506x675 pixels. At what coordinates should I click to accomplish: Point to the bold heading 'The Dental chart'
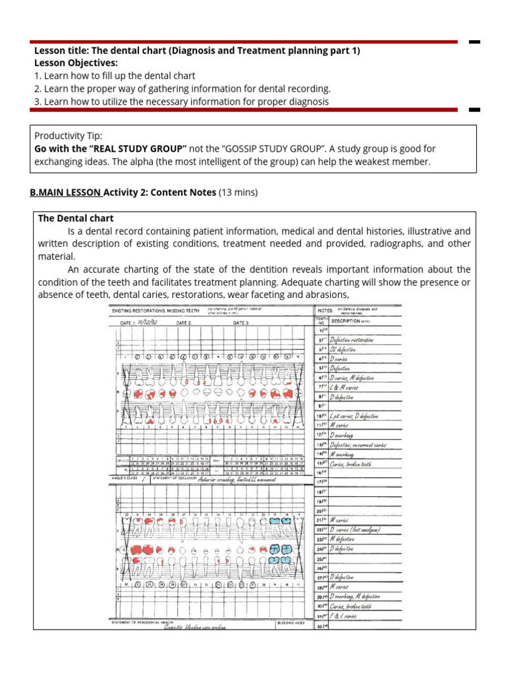(x=76, y=218)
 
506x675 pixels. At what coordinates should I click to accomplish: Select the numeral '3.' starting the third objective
(x=38, y=102)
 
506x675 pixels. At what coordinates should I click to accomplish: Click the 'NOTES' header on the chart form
(x=325, y=310)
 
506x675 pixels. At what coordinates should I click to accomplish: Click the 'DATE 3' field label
(x=241, y=323)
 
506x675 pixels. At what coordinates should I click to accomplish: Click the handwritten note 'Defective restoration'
(x=352, y=339)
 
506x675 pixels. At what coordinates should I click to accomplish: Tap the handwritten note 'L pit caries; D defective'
(x=360, y=416)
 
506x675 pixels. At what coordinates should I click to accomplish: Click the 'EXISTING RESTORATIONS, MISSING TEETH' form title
(x=155, y=309)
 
